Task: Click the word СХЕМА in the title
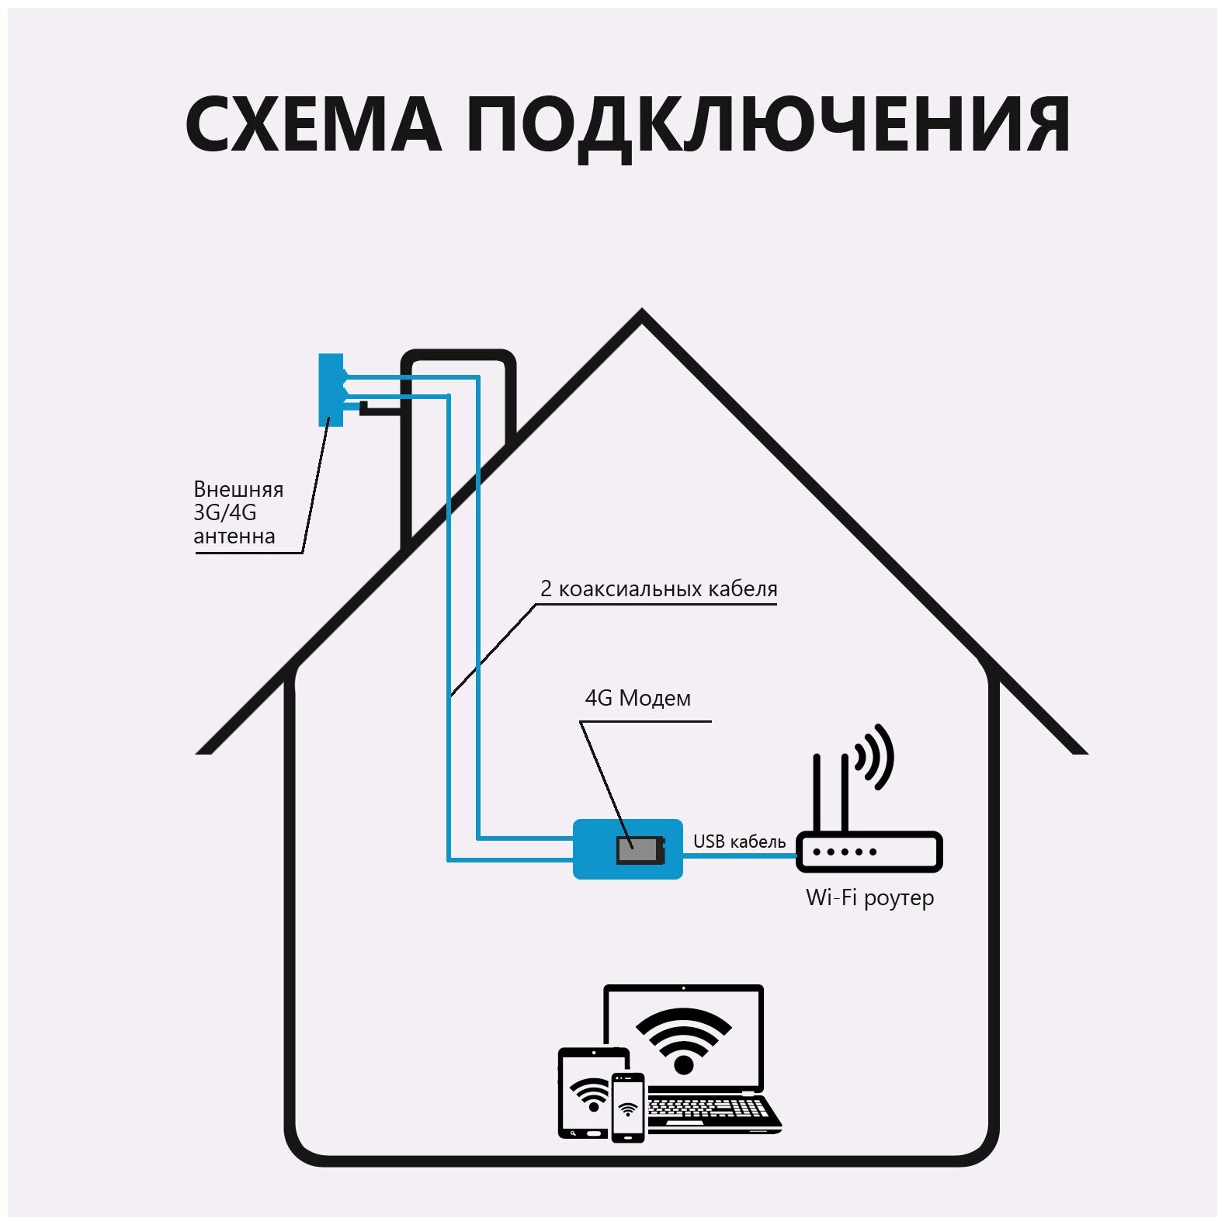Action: point(313,124)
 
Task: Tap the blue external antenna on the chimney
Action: point(330,390)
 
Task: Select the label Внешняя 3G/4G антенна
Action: point(238,512)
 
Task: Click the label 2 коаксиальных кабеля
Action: point(658,589)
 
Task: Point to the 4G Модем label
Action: point(637,699)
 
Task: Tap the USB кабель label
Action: point(739,842)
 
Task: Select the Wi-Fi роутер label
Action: point(869,898)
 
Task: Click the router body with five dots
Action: point(869,852)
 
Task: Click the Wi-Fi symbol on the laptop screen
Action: point(683,1039)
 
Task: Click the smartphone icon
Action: point(628,1107)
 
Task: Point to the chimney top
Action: point(458,356)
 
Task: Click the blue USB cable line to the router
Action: point(740,855)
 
